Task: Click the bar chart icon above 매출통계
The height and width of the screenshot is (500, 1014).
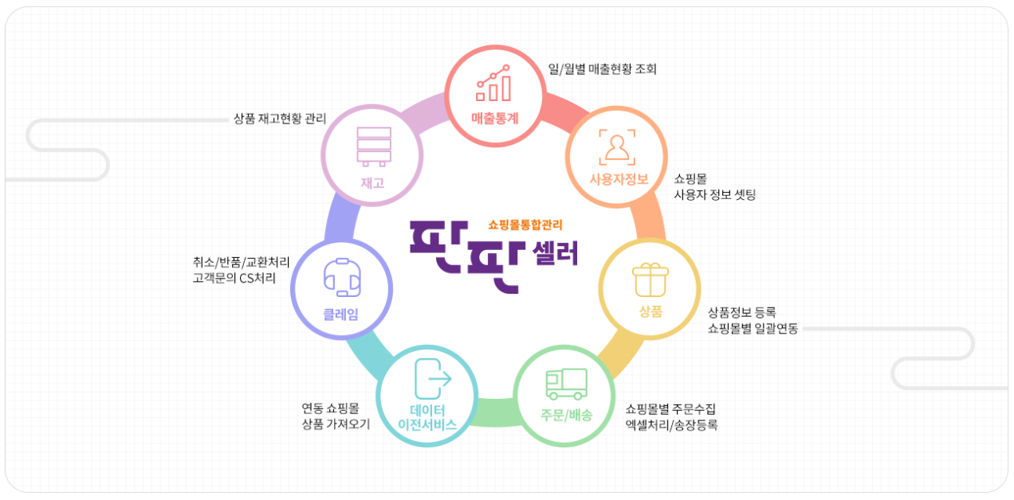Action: click(493, 84)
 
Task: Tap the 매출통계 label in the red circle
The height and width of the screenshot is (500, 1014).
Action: click(494, 119)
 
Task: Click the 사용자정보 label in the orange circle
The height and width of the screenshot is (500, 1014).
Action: click(615, 178)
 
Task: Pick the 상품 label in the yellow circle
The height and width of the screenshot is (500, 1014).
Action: click(650, 311)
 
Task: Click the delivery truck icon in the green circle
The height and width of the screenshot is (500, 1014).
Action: click(566, 384)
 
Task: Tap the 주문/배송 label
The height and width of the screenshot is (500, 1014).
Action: click(566, 415)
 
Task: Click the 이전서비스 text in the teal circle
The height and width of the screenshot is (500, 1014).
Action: click(427, 424)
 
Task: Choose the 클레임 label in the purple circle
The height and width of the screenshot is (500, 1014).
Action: click(340, 314)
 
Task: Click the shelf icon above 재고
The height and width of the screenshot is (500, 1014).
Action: click(373, 146)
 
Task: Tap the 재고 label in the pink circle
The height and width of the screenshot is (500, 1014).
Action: click(372, 182)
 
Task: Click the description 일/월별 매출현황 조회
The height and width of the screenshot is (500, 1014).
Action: click(603, 69)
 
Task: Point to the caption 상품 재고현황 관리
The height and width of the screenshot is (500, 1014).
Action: click(280, 119)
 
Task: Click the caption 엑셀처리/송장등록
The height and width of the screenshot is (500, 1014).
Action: click(671, 425)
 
